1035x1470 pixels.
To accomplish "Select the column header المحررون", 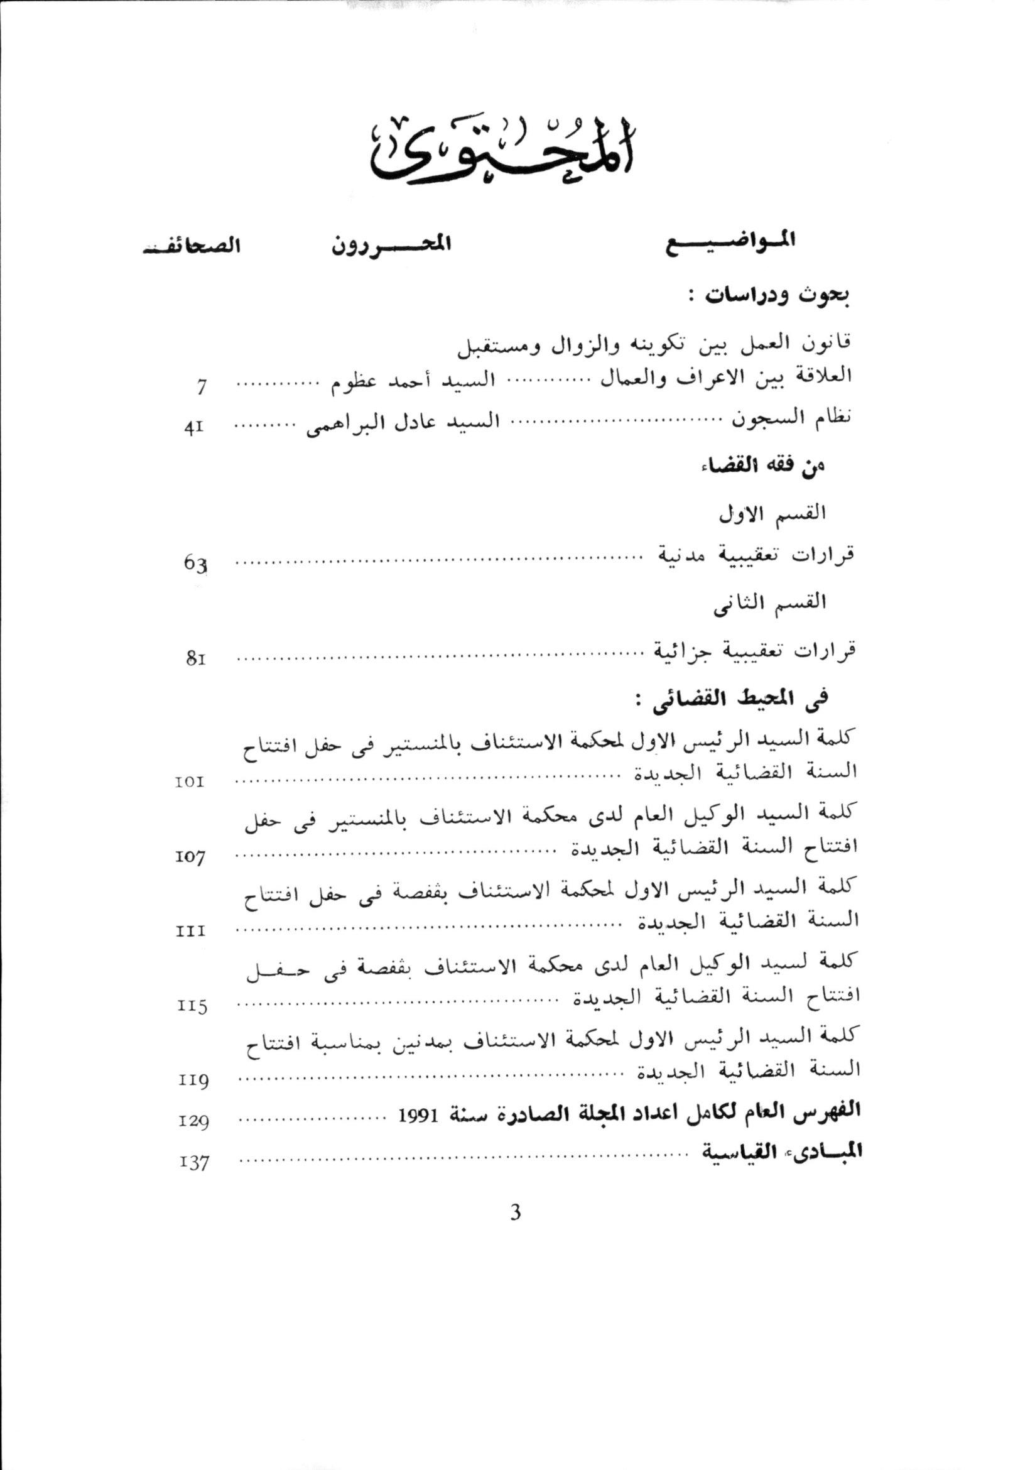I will [x=391, y=244].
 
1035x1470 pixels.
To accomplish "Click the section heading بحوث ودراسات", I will [x=777, y=298].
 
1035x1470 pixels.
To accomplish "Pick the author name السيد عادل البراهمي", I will [x=403, y=425].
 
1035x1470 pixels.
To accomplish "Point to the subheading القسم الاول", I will [x=772, y=513].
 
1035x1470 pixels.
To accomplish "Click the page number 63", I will [x=196, y=565].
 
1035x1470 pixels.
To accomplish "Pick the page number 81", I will [x=195, y=659].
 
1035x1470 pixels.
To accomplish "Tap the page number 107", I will [x=190, y=856].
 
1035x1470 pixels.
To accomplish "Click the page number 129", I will [x=193, y=1121].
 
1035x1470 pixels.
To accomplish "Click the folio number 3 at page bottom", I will [x=515, y=1212].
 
